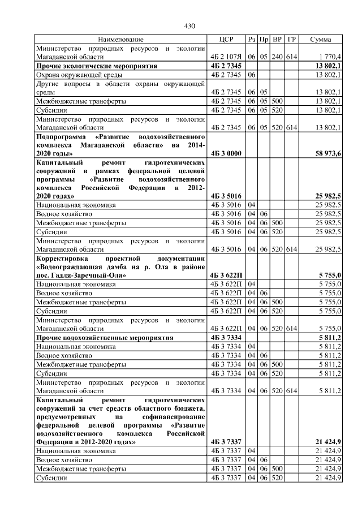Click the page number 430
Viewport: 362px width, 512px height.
coord(189,26)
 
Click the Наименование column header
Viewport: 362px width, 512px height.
coord(120,40)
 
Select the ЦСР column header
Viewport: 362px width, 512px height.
coord(226,40)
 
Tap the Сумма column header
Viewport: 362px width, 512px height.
coord(325,40)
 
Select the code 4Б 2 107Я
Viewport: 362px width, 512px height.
coord(226,57)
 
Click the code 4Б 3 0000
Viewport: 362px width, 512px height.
coord(226,153)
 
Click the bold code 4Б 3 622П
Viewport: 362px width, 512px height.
coord(226,275)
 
